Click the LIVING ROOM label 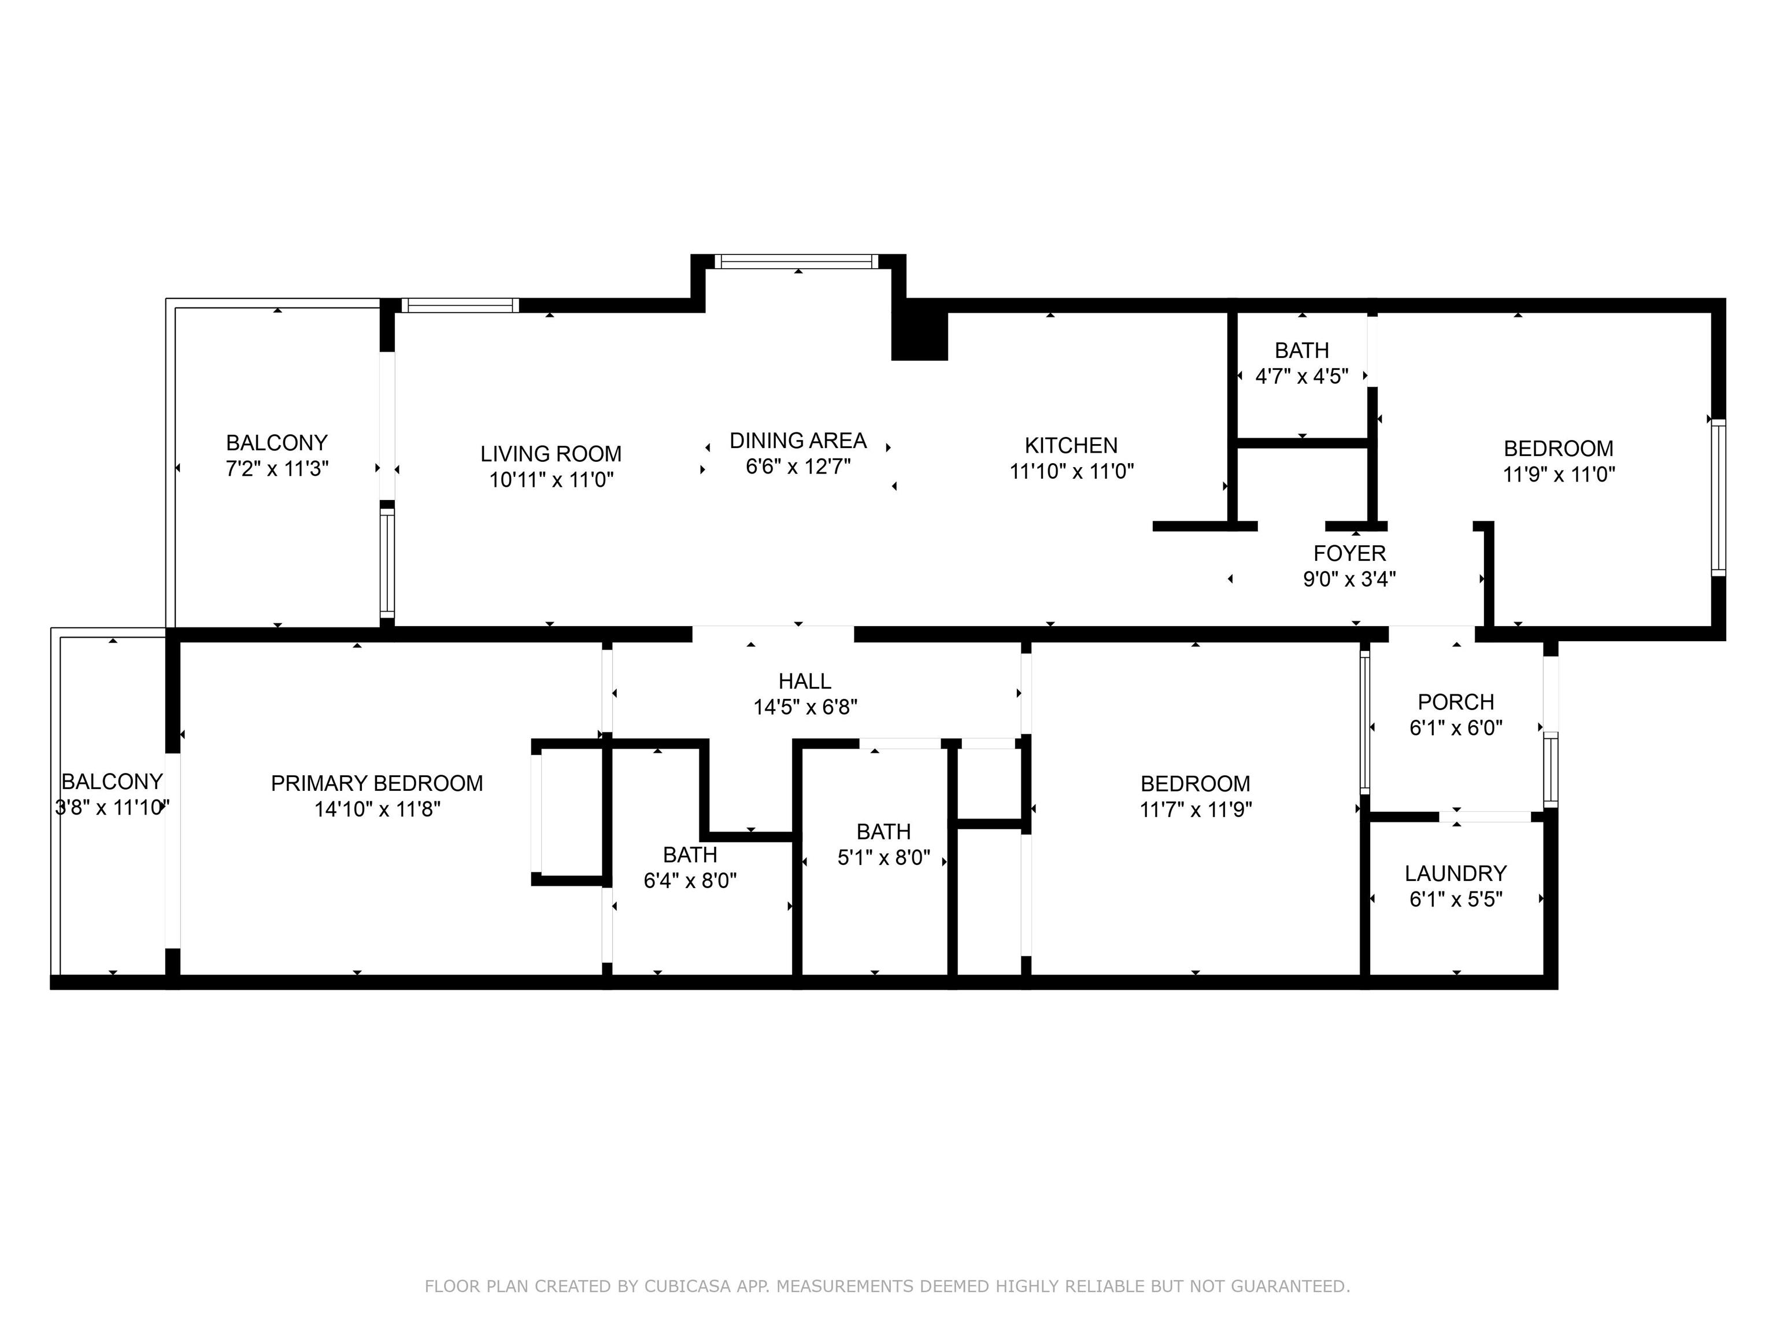pos(551,454)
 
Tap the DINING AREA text pos(798,440)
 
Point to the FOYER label pos(1350,553)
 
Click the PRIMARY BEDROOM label pos(376,783)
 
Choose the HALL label pos(805,681)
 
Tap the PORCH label pos(1456,702)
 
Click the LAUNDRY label pos(1456,873)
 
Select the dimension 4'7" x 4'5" pos(1301,376)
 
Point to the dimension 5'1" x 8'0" pos(883,857)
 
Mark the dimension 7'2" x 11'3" pos(277,468)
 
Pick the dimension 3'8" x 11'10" pos(112,807)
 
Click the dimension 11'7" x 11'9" pos(1196,809)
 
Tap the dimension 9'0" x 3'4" pos(1350,579)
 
